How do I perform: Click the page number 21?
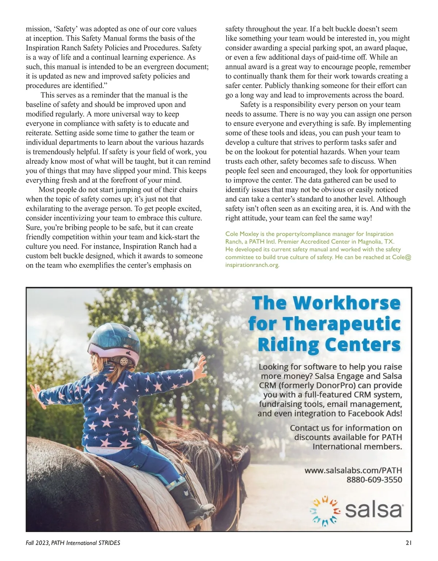pos(408,543)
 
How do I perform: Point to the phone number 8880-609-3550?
pos(374,479)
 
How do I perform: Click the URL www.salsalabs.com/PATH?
pos(353,470)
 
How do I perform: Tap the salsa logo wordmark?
pos(373,510)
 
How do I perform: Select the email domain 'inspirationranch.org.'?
pos(252,265)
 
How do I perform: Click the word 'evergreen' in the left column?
pos(160,67)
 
